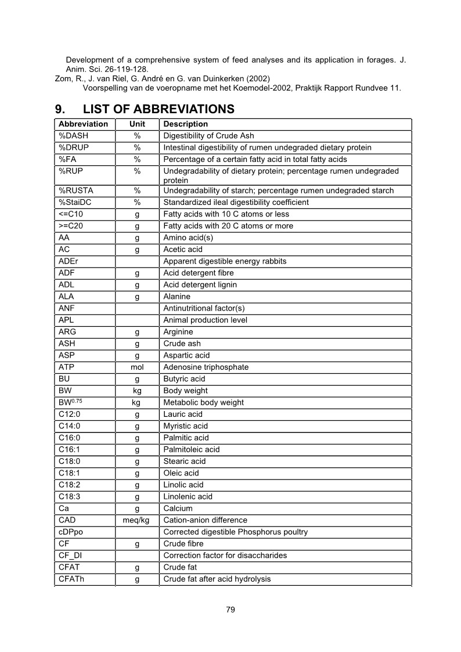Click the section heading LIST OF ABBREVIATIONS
point(159,109)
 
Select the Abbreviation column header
point(84,124)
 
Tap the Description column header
point(186,124)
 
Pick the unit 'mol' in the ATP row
point(138,367)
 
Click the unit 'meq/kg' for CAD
point(138,520)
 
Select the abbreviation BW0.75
point(70,402)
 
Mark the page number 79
point(230,610)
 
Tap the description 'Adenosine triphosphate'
point(206,367)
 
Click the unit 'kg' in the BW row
point(138,391)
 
